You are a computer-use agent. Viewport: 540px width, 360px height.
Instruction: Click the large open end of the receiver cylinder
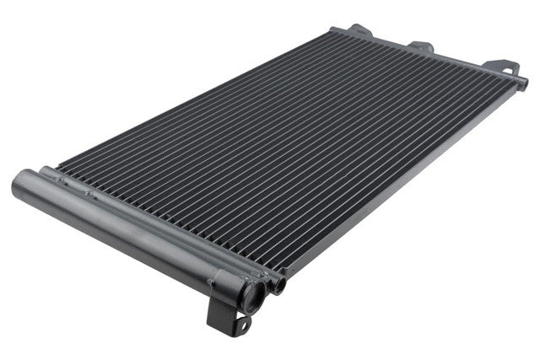click(x=250, y=295)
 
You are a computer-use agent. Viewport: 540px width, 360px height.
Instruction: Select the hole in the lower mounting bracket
click(x=241, y=323)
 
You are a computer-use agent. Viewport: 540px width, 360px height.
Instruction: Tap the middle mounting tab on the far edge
click(x=420, y=47)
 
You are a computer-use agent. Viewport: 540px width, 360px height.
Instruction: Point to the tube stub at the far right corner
click(x=522, y=83)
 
